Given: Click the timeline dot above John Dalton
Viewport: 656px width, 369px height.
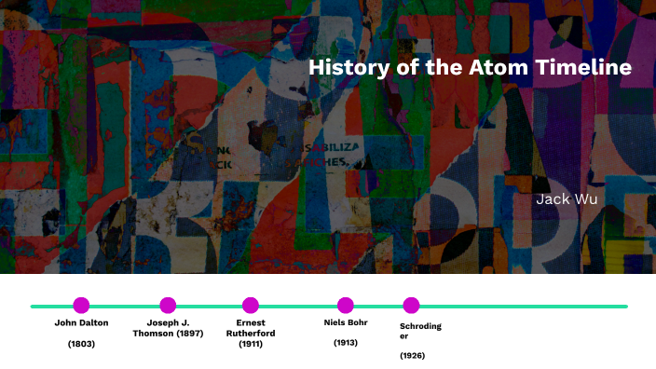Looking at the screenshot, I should [81, 305].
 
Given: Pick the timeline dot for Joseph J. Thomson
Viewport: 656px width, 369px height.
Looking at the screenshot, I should [168, 305].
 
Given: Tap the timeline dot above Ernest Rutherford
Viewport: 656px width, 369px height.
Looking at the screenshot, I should [251, 305].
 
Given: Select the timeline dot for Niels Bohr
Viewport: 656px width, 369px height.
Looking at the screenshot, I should [346, 305].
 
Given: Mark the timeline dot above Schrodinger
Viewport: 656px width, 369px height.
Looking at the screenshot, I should [411, 305].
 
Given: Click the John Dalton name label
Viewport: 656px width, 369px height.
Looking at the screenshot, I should [81, 323].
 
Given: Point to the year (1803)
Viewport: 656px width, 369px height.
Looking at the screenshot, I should [81, 345].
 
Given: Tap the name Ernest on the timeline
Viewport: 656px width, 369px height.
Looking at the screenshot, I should [251, 323].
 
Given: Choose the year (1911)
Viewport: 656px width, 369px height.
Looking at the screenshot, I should [251, 344].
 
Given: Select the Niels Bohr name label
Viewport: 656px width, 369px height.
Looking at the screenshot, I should [346, 323].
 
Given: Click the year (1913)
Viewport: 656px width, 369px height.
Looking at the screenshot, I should [346, 343].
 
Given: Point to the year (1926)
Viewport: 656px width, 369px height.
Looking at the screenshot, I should [413, 355].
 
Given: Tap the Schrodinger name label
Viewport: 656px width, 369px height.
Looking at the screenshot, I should [420, 330].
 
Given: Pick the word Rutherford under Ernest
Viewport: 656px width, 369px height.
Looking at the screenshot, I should [251, 334].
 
